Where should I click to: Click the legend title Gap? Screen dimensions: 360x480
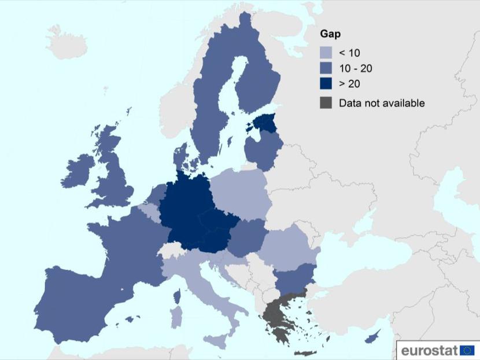(x=331, y=34)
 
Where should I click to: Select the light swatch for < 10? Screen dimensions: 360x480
(x=327, y=53)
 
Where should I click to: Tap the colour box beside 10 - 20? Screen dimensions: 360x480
(x=327, y=69)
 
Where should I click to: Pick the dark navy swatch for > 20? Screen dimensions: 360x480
(x=327, y=85)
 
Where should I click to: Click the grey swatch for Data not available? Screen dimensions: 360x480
(x=327, y=103)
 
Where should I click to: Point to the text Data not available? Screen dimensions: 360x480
(x=382, y=103)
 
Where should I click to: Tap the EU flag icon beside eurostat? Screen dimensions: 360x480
(x=467, y=350)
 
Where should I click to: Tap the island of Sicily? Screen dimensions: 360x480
(x=213, y=341)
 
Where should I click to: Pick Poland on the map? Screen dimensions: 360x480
(x=239, y=194)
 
